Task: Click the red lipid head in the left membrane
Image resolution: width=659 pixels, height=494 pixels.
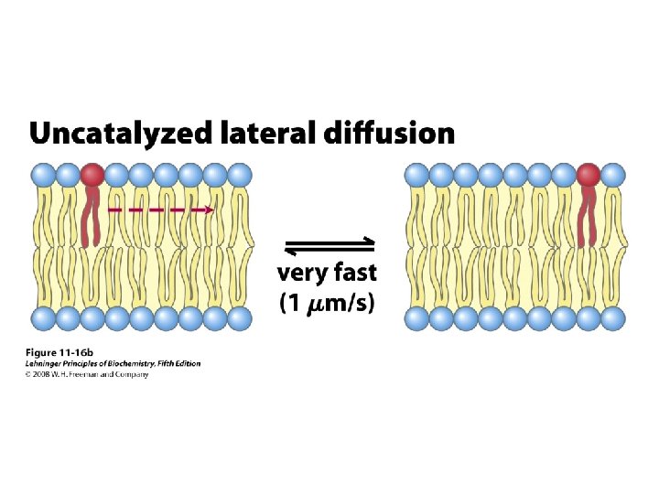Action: [x=92, y=174]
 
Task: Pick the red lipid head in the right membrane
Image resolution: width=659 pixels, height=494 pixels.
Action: [x=588, y=174]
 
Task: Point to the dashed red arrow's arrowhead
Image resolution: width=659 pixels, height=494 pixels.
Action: [x=210, y=210]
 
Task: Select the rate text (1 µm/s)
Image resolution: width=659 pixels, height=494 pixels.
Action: [x=327, y=303]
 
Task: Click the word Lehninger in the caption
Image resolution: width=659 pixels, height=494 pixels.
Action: [x=46, y=363]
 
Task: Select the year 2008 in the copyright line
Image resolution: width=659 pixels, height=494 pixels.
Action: [x=43, y=373]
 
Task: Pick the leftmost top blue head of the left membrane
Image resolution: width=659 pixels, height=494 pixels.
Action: [x=43, y=174]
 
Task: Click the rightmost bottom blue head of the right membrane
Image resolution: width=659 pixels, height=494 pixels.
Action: [x=612, y=318]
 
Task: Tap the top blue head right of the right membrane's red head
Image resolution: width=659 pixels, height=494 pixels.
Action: [x=612, y=174]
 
